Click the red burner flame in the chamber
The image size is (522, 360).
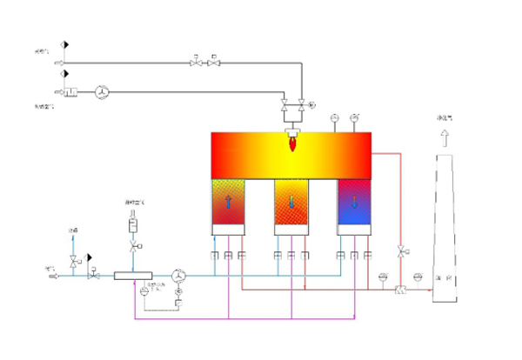293,142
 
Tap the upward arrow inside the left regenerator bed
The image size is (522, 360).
230,203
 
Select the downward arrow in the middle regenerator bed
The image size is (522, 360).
292,203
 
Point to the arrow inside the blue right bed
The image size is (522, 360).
355,203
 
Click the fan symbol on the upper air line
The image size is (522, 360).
101,92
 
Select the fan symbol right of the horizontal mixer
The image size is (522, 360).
180,276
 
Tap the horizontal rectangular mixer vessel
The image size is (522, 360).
133,276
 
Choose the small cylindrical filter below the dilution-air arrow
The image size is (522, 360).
133,223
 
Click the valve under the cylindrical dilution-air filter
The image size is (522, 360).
133,248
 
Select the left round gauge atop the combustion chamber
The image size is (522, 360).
334,117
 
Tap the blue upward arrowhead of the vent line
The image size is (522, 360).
73,237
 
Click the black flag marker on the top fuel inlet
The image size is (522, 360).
65,43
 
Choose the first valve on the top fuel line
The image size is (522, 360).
195,63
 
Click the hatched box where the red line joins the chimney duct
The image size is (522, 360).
400,289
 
